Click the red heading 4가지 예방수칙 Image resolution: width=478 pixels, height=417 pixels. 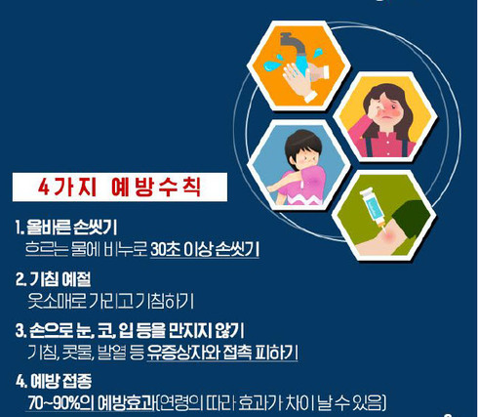click(x=119, y=188)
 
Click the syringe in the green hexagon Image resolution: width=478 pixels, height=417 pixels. click(x=373, y=210)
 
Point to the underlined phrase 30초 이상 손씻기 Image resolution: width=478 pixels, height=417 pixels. click(x=205, y=249)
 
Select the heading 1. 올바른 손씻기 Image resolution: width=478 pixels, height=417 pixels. click(x=66, y=227)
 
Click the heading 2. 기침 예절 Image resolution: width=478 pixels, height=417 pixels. click(x=54, y=279)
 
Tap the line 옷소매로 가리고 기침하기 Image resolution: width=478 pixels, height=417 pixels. click(x=110, y=301)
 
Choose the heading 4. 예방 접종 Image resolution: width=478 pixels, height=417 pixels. click(x=54, y=381)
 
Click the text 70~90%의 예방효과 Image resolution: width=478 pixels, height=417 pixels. click(x=92, y=402)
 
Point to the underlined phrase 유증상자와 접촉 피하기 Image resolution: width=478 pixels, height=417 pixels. click(x=222, y=353)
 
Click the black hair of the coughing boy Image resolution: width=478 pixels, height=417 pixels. click(x=302, y=145)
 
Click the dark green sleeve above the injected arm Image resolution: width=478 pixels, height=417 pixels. click(x=412, y=218)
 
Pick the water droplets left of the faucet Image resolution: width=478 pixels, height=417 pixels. click(x=273, y=63)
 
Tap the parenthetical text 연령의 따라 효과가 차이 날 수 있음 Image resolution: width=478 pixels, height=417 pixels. click(x=271, y=402)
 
